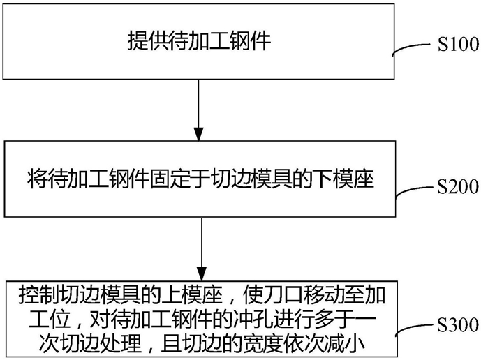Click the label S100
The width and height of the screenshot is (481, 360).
pos(458,44)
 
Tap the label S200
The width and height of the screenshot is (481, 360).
pos(458,186)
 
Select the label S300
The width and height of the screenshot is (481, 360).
pos(458,325)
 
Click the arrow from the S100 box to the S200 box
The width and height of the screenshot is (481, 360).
pos(198,110)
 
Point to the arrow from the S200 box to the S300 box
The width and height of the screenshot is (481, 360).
pos(202,249)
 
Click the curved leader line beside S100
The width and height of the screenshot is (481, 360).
pos(411,47)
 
